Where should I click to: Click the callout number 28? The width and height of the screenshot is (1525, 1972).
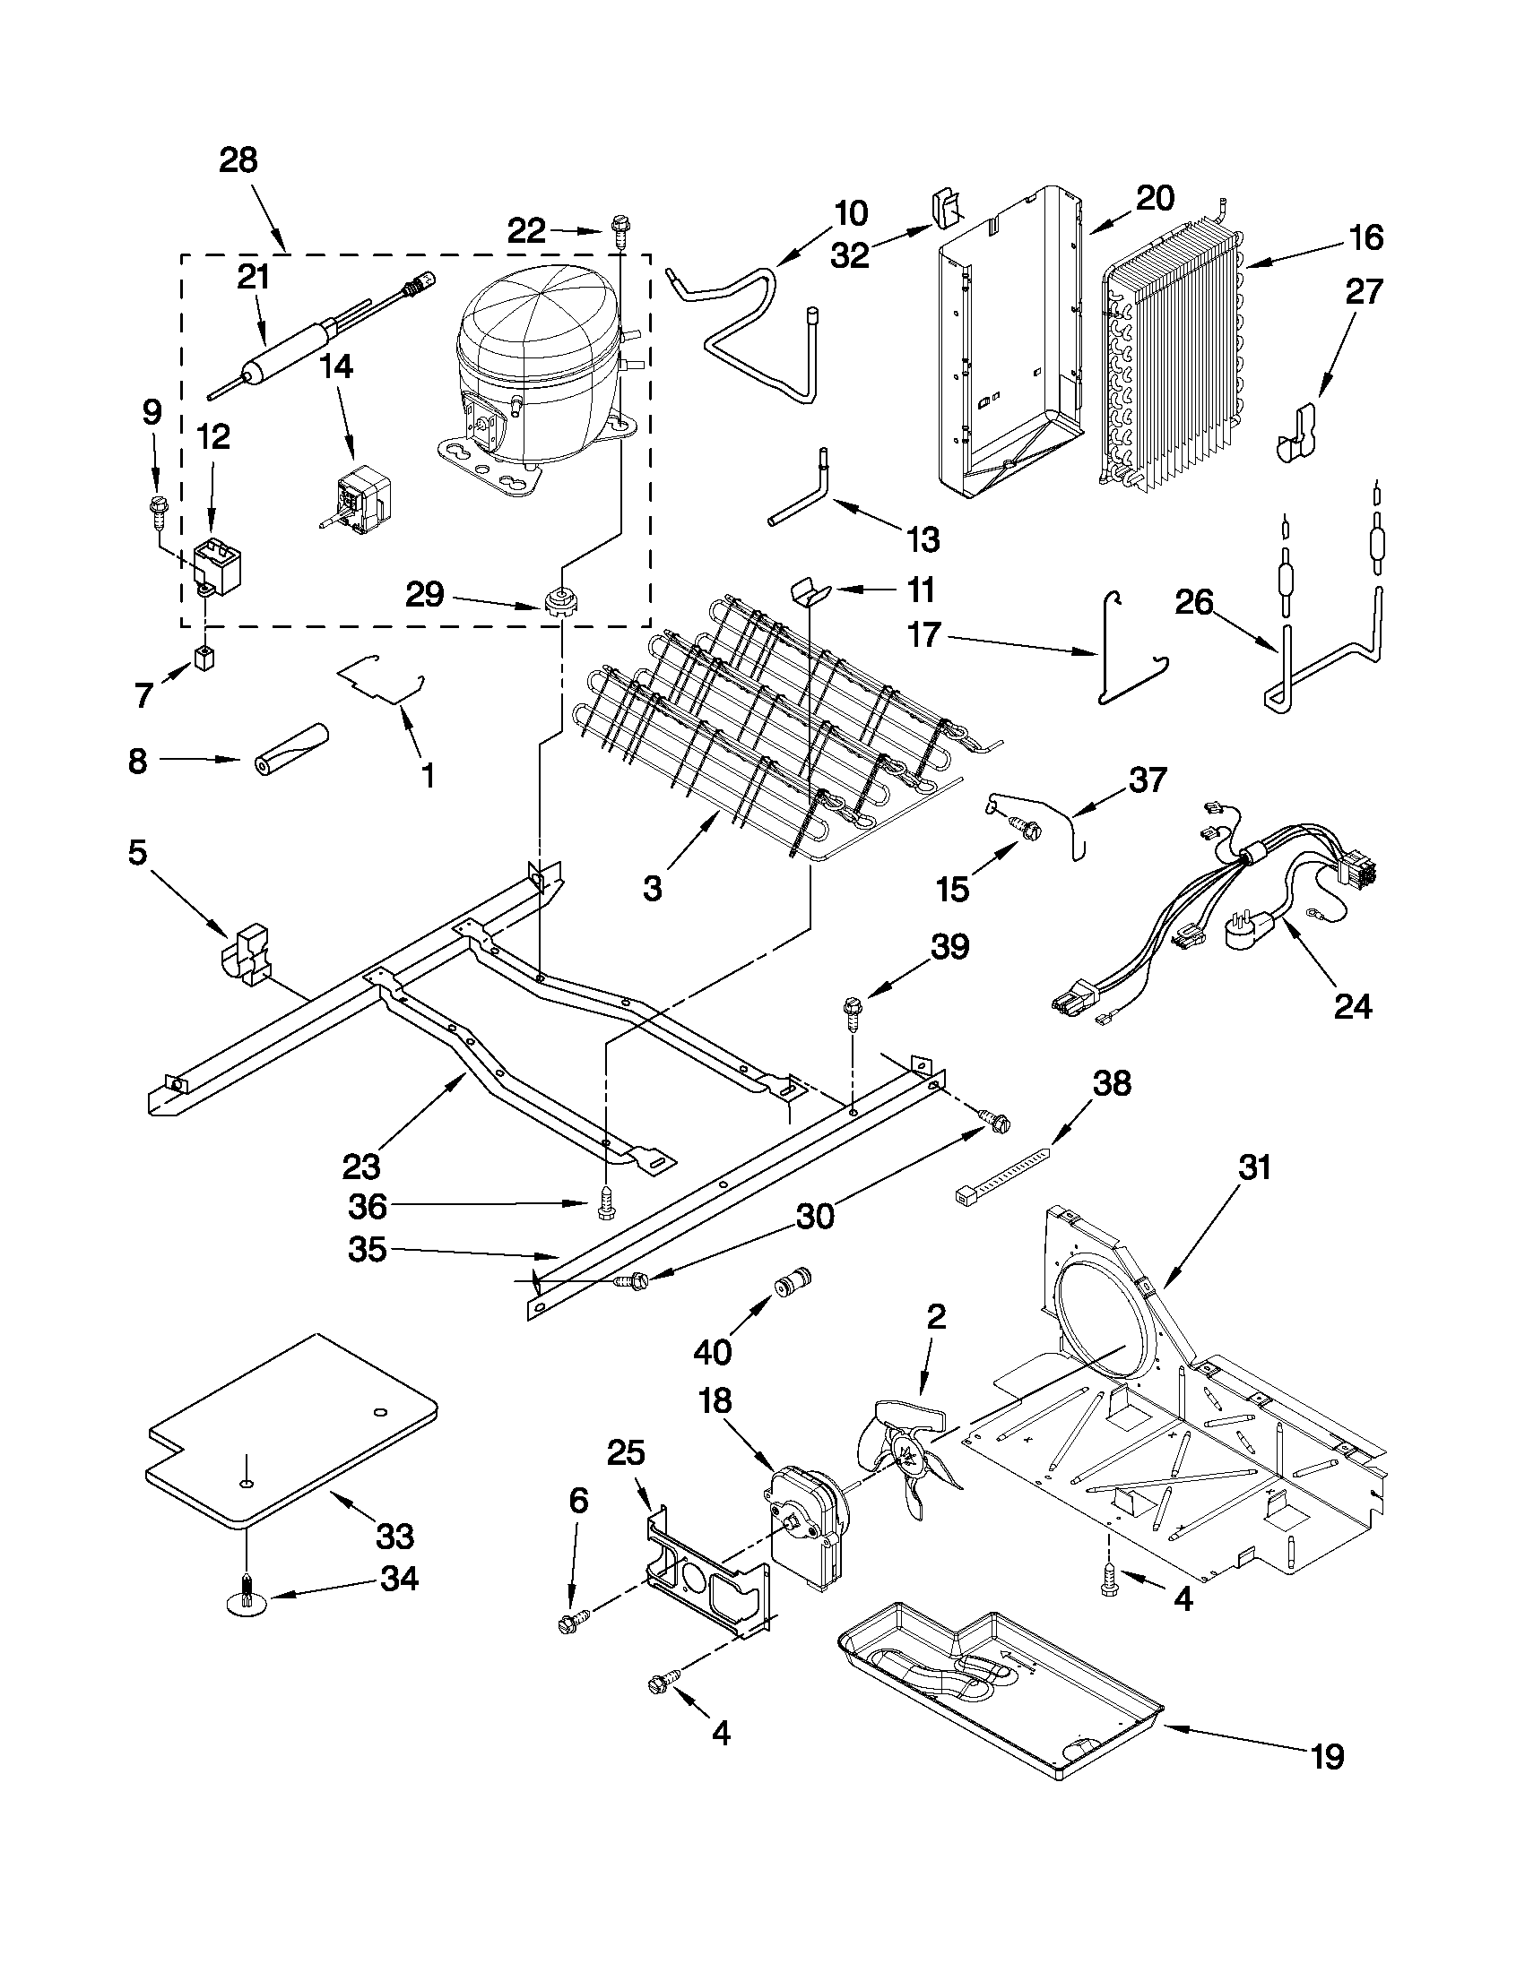[x=238, y=160]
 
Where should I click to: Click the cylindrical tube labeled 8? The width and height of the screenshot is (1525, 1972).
[x=290, y=749]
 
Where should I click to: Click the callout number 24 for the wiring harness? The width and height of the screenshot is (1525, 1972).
[x=1353, y=1005]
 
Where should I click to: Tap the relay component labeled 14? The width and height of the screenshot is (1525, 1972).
[x=361, y=495]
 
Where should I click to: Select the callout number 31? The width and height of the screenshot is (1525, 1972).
[x=1254, y=1167]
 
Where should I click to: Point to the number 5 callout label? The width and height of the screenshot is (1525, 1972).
[x=136, y=851]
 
